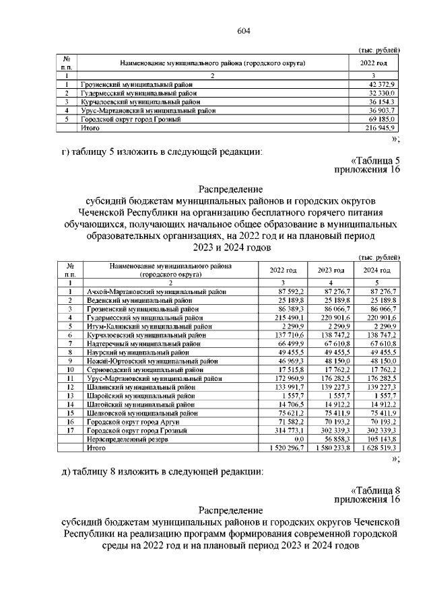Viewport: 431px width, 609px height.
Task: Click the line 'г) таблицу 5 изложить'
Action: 162,151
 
